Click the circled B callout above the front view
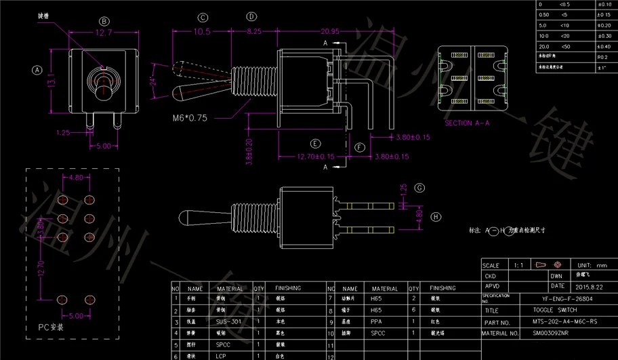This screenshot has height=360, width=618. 104,21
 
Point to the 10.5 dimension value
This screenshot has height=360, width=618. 202,32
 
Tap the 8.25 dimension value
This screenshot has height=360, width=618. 253,32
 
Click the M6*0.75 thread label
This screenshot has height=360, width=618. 189,117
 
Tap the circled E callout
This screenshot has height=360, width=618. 315,144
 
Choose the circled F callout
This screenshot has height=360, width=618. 360,147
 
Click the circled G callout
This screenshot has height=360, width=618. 419,188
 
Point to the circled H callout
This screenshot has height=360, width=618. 436,217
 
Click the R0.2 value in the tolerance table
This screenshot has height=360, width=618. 602,58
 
